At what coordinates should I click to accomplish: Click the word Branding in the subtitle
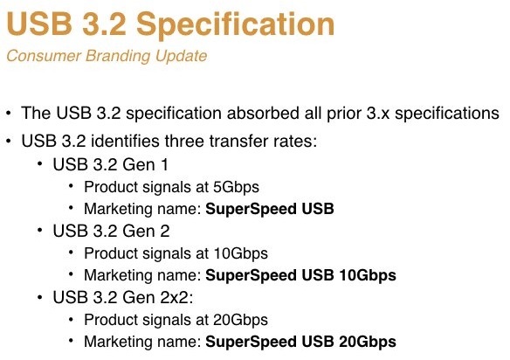(118, 56)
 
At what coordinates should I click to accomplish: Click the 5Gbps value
(236, 188)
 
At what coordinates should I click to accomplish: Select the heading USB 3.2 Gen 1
(111, 164)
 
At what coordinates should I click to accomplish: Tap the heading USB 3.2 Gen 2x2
(123, 297)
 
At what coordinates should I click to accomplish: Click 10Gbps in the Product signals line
(241, 253)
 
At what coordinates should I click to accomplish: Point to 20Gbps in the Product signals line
(241, 320)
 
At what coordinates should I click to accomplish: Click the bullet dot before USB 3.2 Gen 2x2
(40, 297)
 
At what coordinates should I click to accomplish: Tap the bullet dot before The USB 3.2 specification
(9, 114)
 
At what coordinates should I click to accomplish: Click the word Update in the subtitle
(181, 56)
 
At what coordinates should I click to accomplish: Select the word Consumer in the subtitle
(44, 56)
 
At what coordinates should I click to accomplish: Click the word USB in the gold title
(39, 24)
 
